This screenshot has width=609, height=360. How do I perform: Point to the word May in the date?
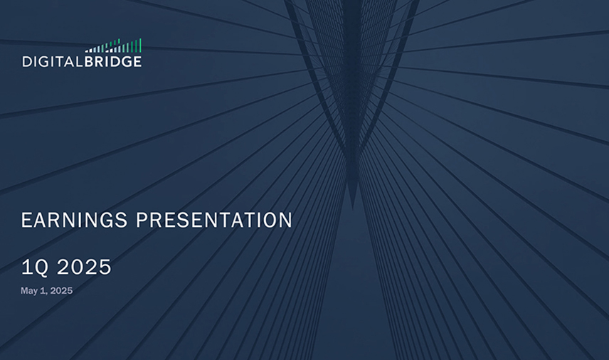(28, 291)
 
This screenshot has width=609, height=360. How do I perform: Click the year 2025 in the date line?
(61, 290)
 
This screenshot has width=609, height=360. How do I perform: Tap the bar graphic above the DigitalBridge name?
(113, 46)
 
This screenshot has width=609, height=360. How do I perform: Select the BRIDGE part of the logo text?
(113, 62)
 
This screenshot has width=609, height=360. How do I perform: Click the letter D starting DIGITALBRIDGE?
(27, 62)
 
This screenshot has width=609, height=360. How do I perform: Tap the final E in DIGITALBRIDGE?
(137, 62)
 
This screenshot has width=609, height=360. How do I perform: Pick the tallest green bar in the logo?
(140, 45)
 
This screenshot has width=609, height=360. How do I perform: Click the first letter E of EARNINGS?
(26, 220)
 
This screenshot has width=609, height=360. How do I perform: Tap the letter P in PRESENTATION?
(142, 220)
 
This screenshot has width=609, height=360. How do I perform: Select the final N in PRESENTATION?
(286, 220)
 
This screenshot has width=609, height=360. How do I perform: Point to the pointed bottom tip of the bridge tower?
(353, 207)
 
